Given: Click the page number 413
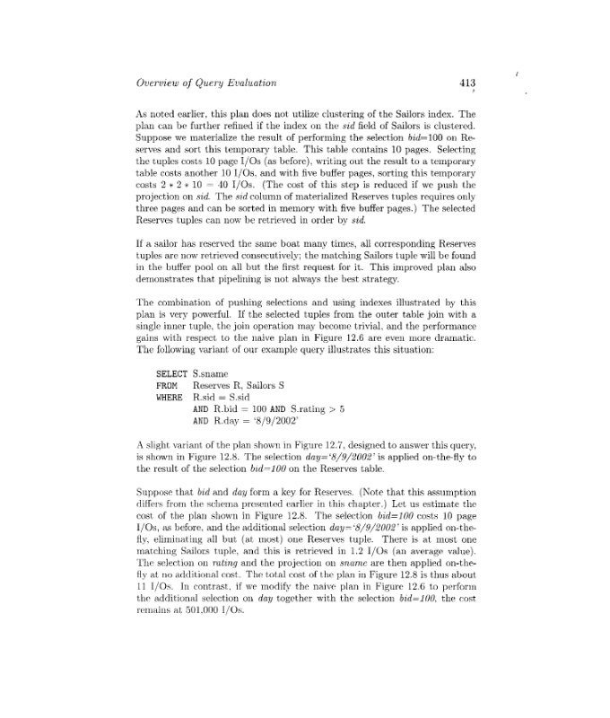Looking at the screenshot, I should tap(466, 83).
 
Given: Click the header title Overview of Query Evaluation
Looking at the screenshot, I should tap(206, 83).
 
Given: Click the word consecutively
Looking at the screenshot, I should tap(287, 232).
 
